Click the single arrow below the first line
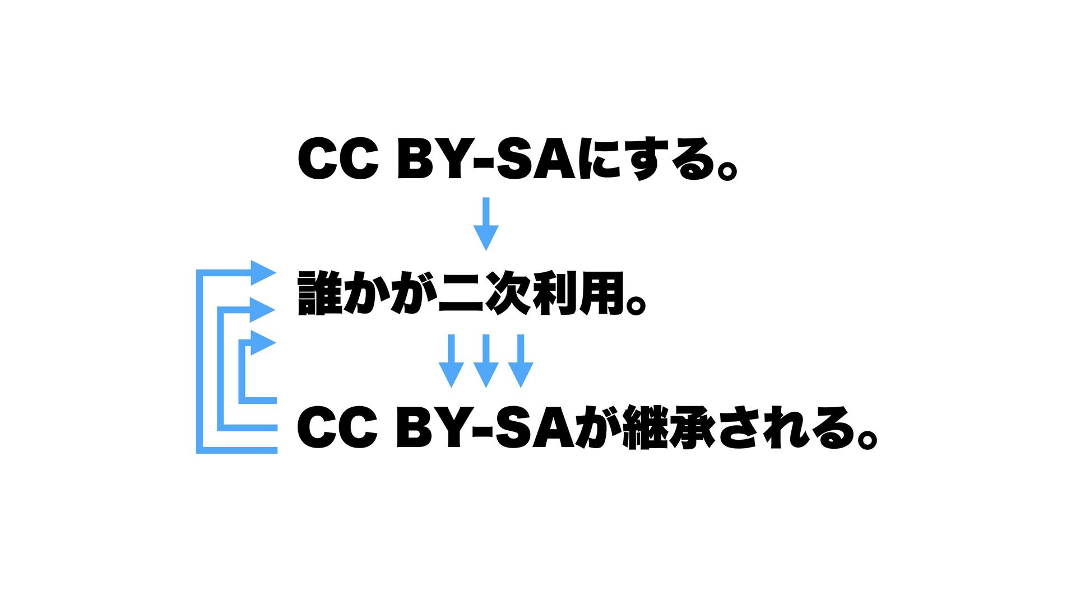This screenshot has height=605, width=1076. [486, 224]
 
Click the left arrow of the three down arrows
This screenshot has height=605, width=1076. [451, 361]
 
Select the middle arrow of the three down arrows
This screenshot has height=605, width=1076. [486, 361]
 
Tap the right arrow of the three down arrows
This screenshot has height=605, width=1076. [521, 361]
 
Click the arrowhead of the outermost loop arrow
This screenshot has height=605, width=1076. [262, 273]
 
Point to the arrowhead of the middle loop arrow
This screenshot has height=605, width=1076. [262, 309]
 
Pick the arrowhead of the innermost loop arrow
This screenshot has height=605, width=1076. [262, 342]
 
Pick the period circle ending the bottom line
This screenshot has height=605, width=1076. [866, 438]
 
